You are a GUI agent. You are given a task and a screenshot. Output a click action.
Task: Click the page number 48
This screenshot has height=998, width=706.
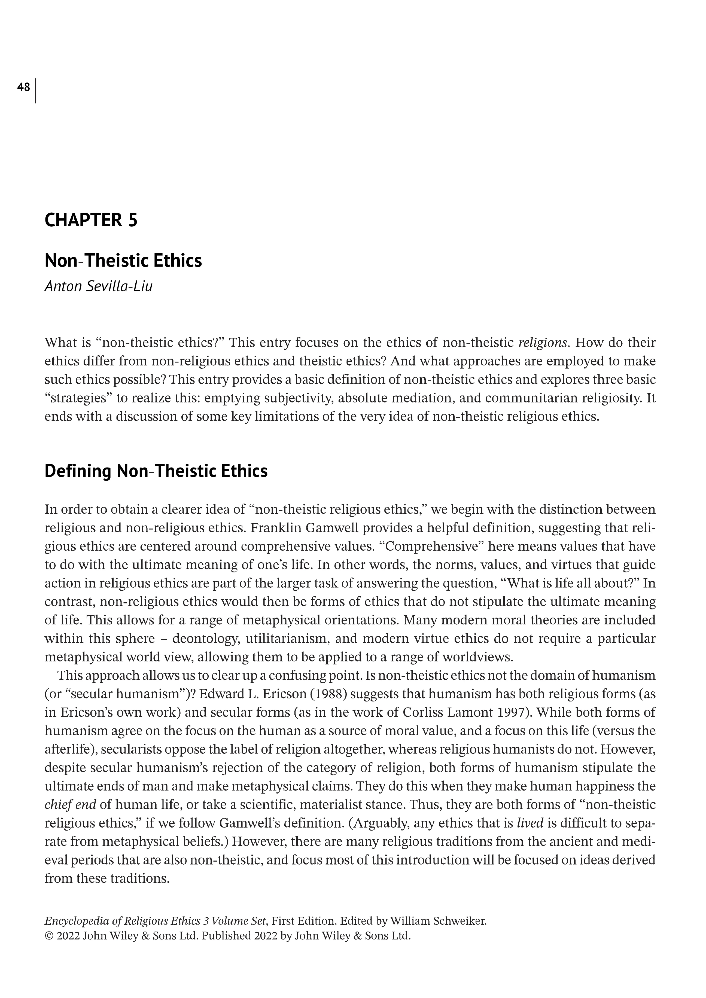[x=23, y=87]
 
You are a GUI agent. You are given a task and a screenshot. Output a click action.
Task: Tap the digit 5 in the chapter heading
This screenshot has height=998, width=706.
[x=133, y=220]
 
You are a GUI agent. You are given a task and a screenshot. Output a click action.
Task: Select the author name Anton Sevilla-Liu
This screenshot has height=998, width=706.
[x=99, y=287]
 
